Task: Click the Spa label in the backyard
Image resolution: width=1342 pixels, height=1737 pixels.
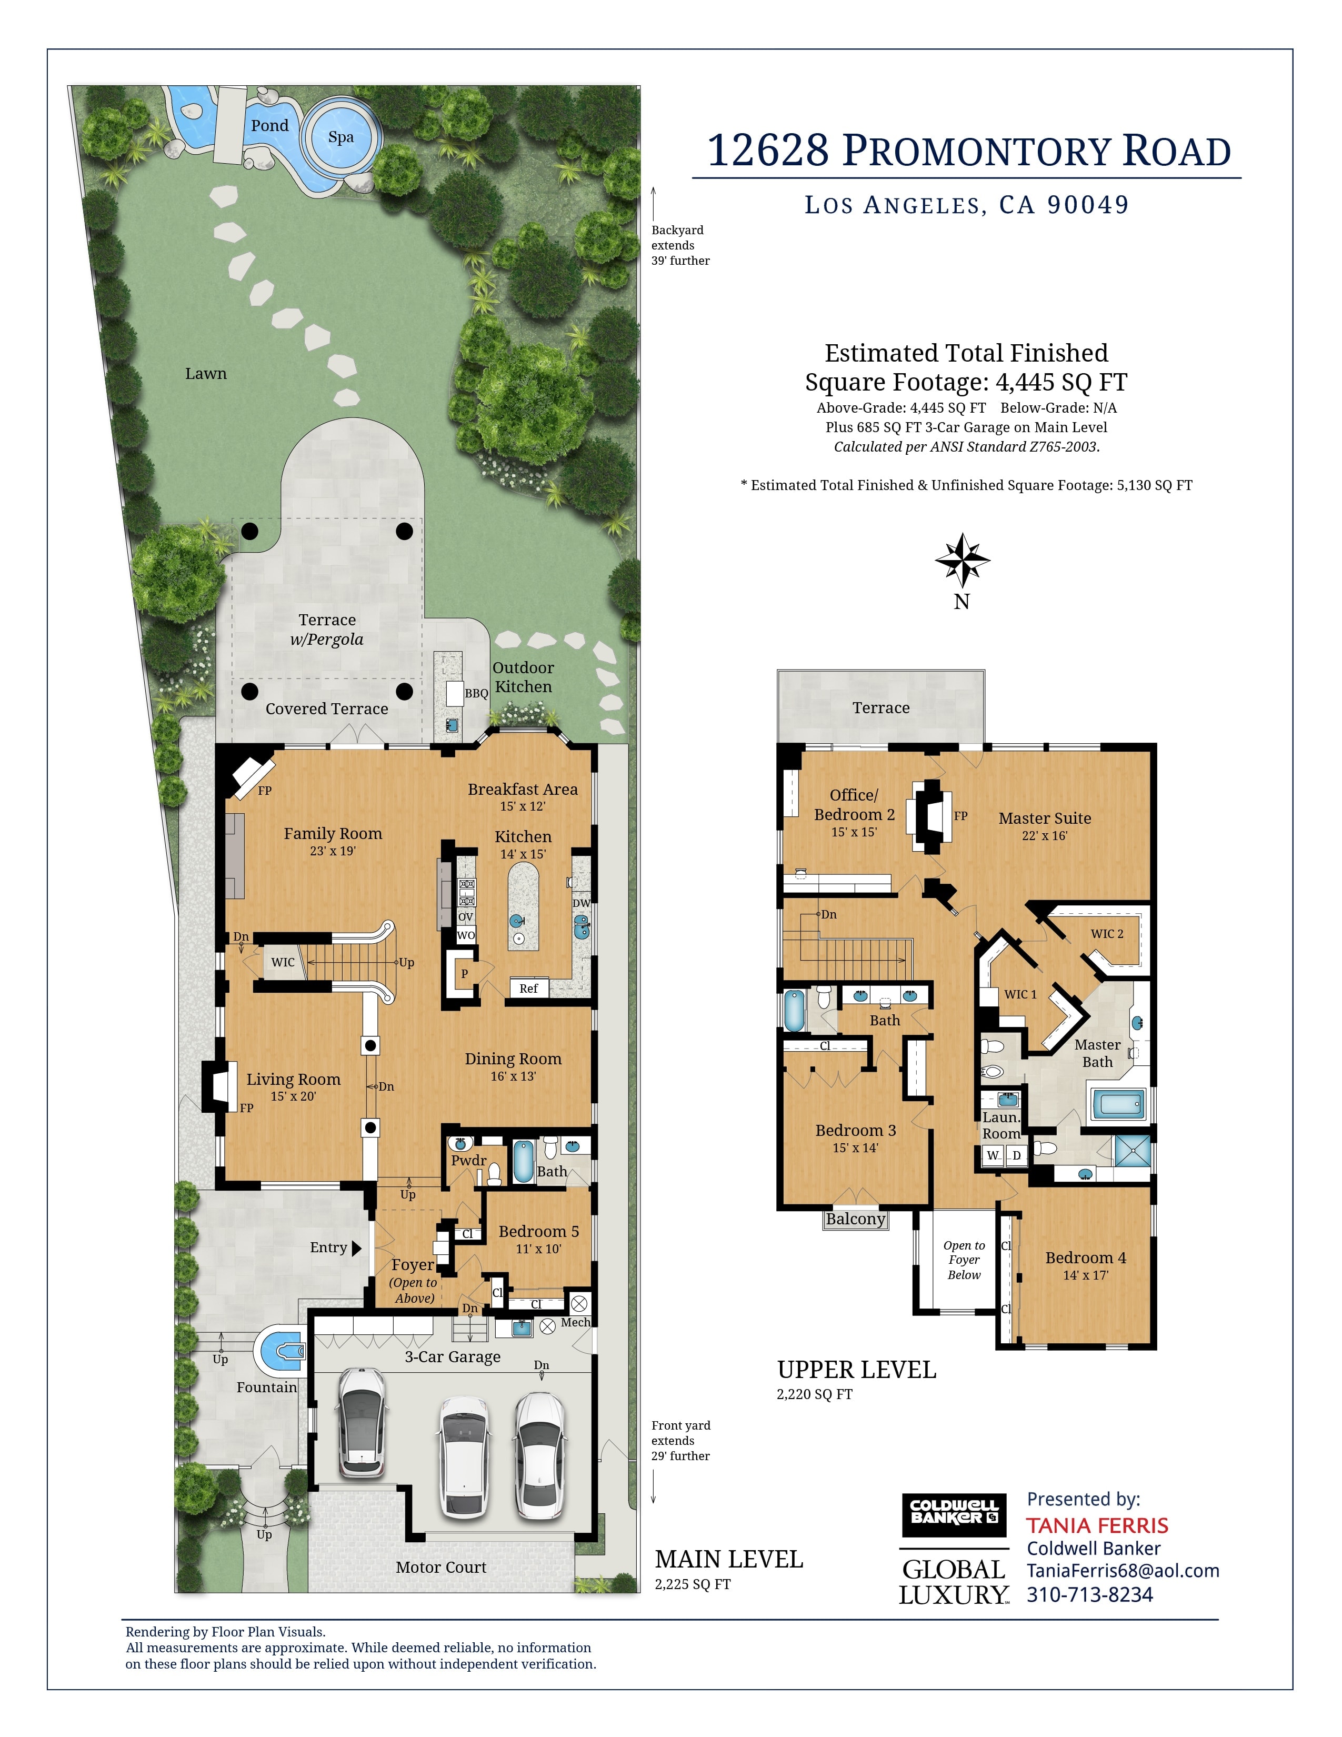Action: tap(341, 137)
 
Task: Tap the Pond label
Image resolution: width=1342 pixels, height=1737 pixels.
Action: tap(269, 126)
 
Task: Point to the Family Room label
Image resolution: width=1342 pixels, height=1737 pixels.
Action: tap(333, 834)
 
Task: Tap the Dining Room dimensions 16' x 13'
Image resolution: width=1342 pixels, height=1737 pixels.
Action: tap(513, 1076)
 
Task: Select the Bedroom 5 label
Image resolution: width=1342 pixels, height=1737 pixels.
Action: tap(538, 1231)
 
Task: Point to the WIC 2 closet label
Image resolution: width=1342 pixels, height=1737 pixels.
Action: tap(1107, 934)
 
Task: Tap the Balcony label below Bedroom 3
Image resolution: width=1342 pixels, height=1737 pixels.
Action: tap(855, 1219)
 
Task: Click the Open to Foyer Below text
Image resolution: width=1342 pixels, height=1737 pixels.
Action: tap(964, 1260)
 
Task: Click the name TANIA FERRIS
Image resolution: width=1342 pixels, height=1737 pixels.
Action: tap(1097, 1525)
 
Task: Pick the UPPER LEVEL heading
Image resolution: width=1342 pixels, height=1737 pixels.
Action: tap(856, 1370)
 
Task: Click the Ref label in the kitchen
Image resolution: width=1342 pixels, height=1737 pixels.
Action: tap(529, 989)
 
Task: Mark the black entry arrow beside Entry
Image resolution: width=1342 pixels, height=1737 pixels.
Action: tap(357, 1248)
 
